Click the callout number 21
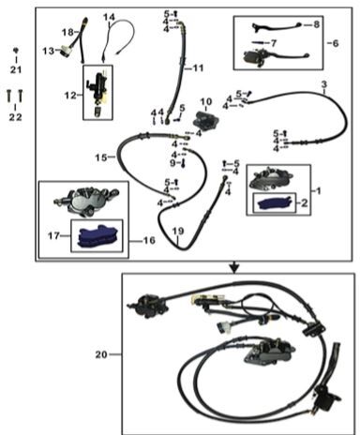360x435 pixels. tap(16, 69)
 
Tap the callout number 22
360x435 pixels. tap(16, 117)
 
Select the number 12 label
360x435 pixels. tap(70, 95)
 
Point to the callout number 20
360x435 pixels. tap(101, 354)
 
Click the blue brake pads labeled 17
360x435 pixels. tap(97, 236)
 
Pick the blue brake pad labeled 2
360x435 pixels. tap(275, 203)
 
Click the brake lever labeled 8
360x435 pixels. tap(277, 27)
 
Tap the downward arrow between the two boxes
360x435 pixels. tap(234, 267)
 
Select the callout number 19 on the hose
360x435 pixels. tap(178, 232)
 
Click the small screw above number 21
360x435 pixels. tap(16, 50)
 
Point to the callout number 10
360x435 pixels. tap(206, 101)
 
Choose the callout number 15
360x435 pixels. tap(101, 157)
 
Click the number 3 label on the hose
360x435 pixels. tap(324, 84)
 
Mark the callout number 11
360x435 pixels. tap(198, 67)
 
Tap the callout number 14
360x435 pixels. tap(110, 17)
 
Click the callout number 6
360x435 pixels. tap(336, 43)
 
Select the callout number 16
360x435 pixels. tap(149, 240)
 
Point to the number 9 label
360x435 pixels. tap(173, 163)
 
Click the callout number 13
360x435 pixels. tap(49, 51)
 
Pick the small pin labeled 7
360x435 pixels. tap(261, 42)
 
